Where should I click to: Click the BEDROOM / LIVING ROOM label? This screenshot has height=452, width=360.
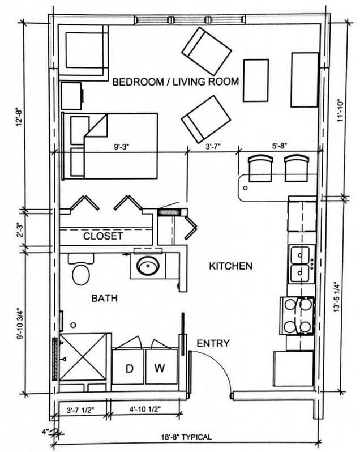(175, 82)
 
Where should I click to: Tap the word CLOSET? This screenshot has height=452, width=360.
(103, 236)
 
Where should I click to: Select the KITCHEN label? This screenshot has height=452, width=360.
(231, 266)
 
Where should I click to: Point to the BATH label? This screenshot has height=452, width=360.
(104, 298)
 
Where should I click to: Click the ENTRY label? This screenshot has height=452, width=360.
(213, 343)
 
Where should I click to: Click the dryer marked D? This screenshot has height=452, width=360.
(128, 366)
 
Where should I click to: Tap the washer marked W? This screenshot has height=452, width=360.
(161, 366)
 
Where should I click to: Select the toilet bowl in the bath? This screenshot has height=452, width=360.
(80, 275)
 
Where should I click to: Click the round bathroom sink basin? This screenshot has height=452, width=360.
(148, 266)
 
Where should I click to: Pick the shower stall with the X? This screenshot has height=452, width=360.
(83, 357)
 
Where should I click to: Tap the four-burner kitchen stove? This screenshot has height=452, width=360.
(297, 315)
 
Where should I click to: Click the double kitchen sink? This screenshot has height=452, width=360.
(300, 264)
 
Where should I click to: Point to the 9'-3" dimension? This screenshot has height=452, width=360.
(122, 147)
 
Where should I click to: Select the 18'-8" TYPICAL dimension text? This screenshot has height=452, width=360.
(186, 437)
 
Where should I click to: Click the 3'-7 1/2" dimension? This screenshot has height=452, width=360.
(80, 410)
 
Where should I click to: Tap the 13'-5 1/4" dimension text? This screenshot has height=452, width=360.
(337, 297)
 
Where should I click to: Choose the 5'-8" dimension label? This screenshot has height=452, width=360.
(280, 146)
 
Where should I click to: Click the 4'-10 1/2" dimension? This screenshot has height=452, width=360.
(145, 409)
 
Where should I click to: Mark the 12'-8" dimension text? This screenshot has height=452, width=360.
(20, 117)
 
